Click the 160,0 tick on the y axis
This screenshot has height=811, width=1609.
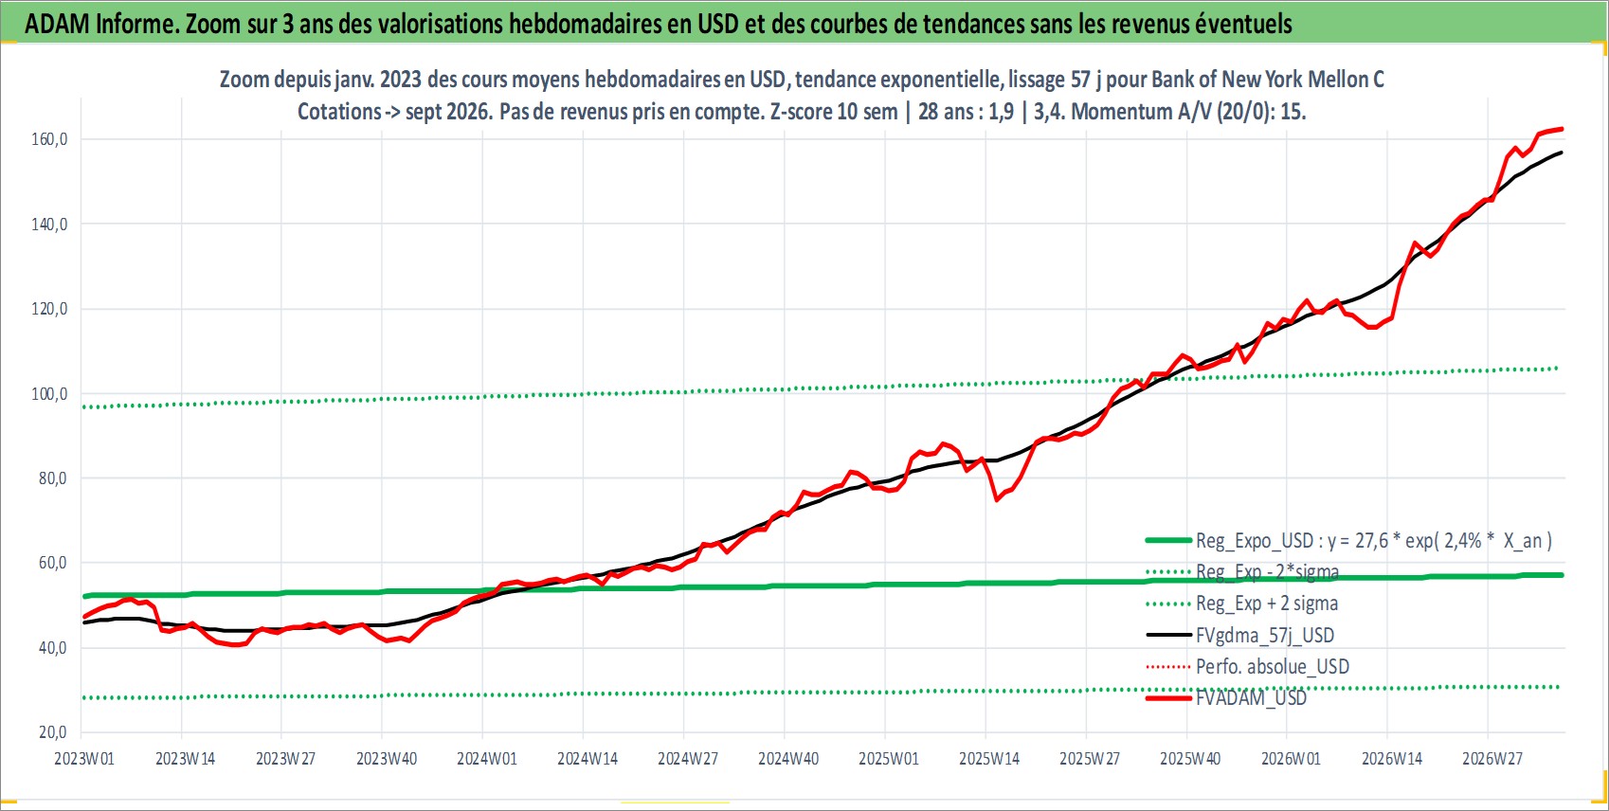[49, 139]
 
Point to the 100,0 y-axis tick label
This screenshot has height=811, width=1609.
[49, 394]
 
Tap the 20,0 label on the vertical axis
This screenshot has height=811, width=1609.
[52, 732]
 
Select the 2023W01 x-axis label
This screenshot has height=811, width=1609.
[84, 759]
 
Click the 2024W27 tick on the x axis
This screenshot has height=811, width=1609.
[687, 759]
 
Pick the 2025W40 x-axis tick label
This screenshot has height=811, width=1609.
[1190, 759]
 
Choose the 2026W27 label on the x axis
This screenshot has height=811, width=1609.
[1491, 759]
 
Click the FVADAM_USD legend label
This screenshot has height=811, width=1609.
[1251, 698]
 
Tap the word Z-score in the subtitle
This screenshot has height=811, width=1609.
[800, 112]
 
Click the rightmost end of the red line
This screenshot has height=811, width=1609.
[1563, 129]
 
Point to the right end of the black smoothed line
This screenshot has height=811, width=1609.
[1562, 153]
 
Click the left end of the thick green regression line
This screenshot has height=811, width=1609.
[84, 596]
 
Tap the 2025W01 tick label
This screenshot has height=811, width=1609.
[889, 759]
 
